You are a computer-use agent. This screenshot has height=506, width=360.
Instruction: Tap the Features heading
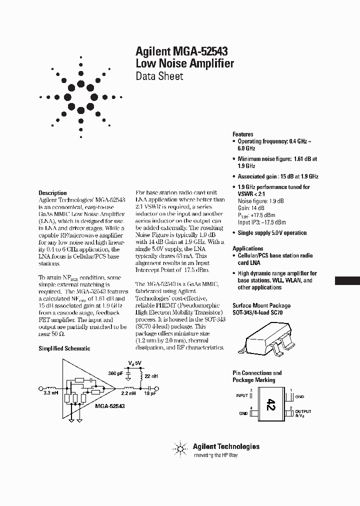(243, 134)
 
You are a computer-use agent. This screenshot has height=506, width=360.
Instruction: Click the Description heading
(52, 193)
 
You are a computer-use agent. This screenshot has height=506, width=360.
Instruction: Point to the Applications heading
(248, 248)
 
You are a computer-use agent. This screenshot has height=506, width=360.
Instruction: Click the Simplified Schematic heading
(64, 348)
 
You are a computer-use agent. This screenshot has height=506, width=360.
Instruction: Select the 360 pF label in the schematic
(116, 373)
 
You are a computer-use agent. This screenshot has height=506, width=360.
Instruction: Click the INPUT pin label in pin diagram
(242, 395)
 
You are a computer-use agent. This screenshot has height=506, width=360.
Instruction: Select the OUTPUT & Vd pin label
(303, 413)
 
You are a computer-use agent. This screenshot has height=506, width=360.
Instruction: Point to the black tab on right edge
(347, 280)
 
